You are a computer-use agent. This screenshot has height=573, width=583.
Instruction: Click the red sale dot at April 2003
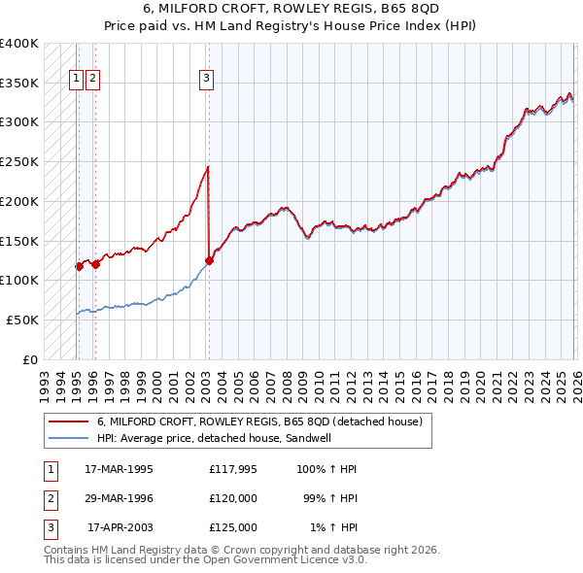(x=209, y=260)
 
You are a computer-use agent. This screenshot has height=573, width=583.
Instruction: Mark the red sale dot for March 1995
(x=79, y=266)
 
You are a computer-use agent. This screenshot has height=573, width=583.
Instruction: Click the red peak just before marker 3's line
(x=207, y=168)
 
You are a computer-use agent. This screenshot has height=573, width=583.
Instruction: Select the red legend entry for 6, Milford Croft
(x=259, y=422)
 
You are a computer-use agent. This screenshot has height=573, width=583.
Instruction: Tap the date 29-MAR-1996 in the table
(x=119, y=498)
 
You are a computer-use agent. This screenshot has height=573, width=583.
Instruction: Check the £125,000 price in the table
(x=233, y=527)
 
